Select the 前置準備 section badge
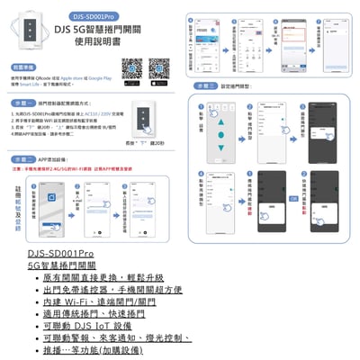[x=23, y=67]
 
